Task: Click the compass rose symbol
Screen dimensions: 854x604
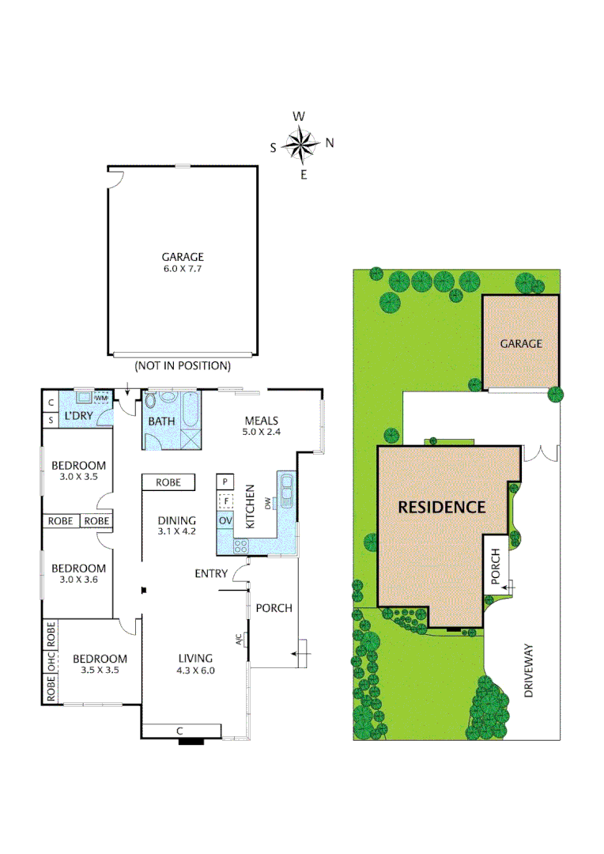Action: click(301, 144)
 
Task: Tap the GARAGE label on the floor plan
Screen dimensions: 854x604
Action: click(183, 257)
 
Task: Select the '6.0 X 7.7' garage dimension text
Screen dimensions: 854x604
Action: click(183, 269)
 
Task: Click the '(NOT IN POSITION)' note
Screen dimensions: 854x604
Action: click(183, 366)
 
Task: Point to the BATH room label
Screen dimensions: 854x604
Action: click(162, 421)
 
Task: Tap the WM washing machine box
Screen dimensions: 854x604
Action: click(101, 398)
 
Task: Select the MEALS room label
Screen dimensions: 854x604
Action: click(262, 421)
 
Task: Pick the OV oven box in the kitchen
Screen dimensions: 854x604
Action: click(225, 520)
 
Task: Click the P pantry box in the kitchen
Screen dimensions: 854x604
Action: click(225, 482)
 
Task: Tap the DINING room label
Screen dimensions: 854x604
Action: click(176, 520)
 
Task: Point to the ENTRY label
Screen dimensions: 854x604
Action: click(211, 574)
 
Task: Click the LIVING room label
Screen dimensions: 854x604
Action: click(195, 659)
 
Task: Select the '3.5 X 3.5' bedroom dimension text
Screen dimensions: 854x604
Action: click(100, 671)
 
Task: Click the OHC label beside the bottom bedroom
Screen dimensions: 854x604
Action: click(51, 662)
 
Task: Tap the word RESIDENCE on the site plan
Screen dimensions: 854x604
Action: click(441, 508)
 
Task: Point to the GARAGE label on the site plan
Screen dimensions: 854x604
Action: click(521, 344)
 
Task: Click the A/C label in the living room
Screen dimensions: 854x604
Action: click(239, 639)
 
